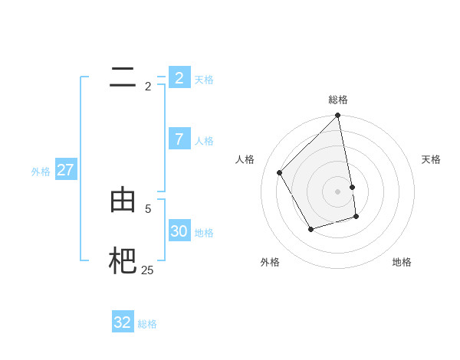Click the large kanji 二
tap(123, 77)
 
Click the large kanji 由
tap(123, 200)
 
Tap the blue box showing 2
tap(179, 78)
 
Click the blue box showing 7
tap(179, 139)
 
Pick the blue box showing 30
tap(179, 231)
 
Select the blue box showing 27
tap(65, 170)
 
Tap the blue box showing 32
tap(123, 322)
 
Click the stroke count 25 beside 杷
tap(147, 270)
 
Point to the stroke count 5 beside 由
tap(148, 208)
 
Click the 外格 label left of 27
tap(41, 172)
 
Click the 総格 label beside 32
tap(147, 324)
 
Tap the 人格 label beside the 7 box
tap(204, 141)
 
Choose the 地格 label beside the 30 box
tap(204, 233)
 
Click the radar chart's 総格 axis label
tap(338, 100)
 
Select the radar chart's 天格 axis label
tap(431, 159)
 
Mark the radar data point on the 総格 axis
tap(338, 116)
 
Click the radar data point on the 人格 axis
tap(280, 172)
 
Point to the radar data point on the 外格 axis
tap(310, 229)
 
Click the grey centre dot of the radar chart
tap(338, 191)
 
